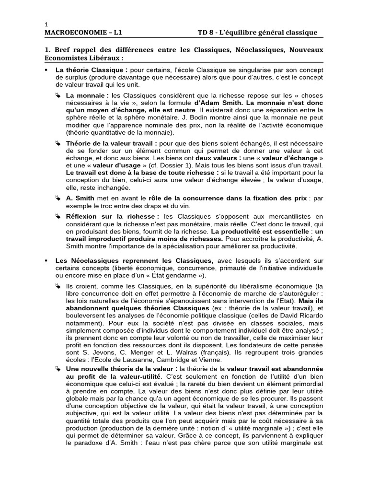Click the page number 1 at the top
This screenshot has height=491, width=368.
point(46,24)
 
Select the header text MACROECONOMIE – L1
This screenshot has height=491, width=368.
point(86,33)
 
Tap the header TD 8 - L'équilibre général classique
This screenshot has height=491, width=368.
point(257,33)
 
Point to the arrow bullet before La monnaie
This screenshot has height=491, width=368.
point(57,95)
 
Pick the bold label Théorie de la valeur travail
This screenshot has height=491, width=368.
point(111,143)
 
